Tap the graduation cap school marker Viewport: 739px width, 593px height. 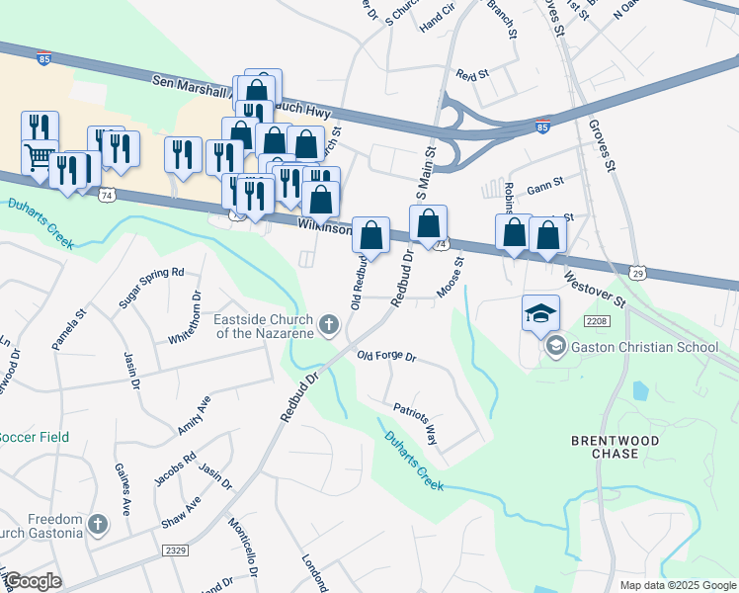click(540, 314)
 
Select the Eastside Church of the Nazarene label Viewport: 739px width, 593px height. click(264, 325)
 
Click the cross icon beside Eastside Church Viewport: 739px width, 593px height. click(329, 324)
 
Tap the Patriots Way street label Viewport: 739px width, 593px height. click(415, 420)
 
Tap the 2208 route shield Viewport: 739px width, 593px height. click(596, 322)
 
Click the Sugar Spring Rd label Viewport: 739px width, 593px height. click(152, 287)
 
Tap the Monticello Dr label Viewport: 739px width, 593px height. click(243, 549)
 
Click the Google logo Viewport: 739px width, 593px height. click(32, 581)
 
